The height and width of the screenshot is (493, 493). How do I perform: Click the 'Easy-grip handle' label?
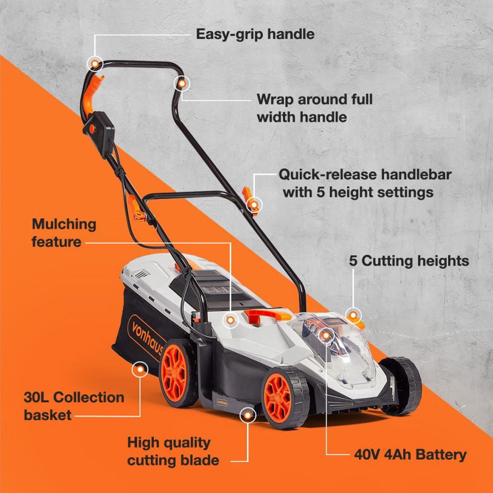coord(255,34)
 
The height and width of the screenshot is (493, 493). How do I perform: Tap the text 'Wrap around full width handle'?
coord(315,108)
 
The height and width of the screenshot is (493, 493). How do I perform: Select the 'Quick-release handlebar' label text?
coord(365,174)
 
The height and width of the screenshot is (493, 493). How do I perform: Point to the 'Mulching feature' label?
coord(64,233)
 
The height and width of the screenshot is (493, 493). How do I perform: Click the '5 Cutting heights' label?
coord(409,260)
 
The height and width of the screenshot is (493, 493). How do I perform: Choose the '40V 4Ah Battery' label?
coord(410,454)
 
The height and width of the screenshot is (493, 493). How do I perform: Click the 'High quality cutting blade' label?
coord(173,452)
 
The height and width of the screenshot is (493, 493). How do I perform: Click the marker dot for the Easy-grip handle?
coord(95,64)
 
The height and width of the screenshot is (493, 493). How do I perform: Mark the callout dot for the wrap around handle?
coord(182,84)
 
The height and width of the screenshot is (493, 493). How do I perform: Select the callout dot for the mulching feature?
coord(231,320)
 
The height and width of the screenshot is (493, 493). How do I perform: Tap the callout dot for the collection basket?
coord(140,369)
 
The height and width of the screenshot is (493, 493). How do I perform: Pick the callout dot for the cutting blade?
coord(248,415)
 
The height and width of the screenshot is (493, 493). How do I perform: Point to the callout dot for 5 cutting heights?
coord(353,315)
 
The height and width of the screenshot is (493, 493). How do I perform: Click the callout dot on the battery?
coord(326,336)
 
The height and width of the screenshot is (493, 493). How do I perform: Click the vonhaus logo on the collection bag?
coord(146,339)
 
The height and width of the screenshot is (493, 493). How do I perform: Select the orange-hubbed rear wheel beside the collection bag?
coord(176,373)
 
